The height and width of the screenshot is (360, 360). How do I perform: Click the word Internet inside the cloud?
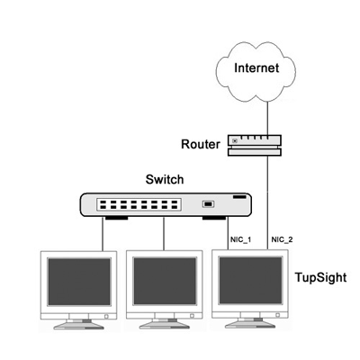click(x=256, y=67)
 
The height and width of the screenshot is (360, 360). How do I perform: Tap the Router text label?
click(x=201, y=144)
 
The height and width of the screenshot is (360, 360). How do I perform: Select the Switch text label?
click(x=165, y=179)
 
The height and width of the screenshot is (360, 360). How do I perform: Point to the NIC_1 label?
click(x=240, y=239)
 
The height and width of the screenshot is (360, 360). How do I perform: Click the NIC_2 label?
click(x=282, y=239)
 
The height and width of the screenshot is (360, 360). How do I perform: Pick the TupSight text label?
click(x=320, y=277)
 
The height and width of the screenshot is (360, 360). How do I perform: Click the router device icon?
click(x=255, y=145)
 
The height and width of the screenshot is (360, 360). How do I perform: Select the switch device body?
click(x=166, y=205)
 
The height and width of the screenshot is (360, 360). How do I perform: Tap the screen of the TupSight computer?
click(x=250, y=280)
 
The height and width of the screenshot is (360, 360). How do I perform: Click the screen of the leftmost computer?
click(x=79, y=282)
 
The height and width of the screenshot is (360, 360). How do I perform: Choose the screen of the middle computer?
click(x=165, y=281)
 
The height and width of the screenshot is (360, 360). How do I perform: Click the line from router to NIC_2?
click(x=267, y=202)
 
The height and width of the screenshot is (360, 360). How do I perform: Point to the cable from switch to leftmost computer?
click(x=103, y=234)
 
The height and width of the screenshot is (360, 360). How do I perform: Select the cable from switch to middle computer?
click(x=164, y=233)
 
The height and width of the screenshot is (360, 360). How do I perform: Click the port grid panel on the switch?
click(x=139, y=204)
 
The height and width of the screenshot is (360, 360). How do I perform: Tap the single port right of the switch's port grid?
click(x=208, y=204)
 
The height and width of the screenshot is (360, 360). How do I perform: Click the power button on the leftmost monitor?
click(x=106, y=316)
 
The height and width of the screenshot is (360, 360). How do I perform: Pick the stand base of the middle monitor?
click(x=165, y=325)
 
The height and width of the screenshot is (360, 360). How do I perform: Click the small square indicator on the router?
click(x=235, y=140)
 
